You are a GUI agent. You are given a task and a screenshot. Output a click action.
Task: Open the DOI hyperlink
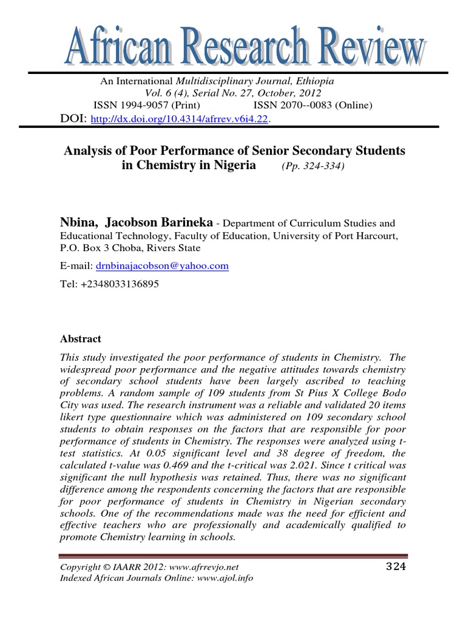tap(179, 120)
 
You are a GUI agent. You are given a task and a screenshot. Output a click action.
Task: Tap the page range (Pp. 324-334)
tap(312, 166)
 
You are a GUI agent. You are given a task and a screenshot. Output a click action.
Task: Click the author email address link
tap(161, 266)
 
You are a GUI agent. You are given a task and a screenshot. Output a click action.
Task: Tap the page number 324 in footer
tap(395, 567)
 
